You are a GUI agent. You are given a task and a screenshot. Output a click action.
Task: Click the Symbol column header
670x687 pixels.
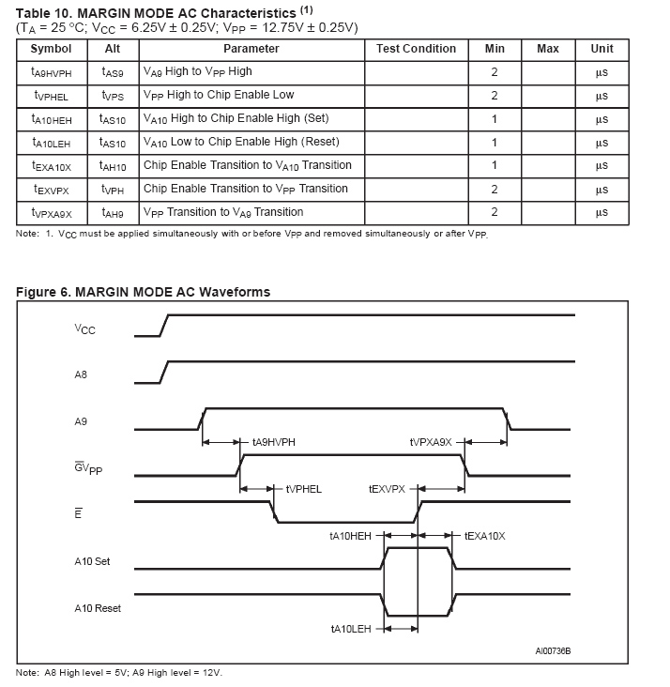point(51,49)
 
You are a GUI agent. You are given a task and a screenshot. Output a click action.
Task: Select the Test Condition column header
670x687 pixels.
point(416,49)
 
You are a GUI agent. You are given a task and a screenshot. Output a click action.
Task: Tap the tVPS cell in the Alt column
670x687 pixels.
point(112,96)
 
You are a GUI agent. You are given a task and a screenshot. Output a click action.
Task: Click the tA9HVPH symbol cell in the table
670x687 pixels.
point(51,72)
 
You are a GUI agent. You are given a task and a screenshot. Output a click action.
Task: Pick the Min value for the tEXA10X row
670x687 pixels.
point(495,166)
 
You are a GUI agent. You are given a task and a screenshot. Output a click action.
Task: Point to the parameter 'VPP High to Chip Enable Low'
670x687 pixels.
point(219,95)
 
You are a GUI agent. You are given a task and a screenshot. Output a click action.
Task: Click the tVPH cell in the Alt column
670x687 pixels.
point(112,190)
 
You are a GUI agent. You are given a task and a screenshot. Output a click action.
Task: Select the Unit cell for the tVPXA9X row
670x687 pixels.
point(601,213)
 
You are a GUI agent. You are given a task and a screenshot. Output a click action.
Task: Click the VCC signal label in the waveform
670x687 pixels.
point(84,329)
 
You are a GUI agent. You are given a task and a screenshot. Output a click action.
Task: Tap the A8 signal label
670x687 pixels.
point(81,375)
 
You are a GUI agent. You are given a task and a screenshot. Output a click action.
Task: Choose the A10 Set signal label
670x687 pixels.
point(92,561)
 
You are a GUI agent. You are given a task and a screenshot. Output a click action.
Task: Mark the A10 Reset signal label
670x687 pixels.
point(98,608)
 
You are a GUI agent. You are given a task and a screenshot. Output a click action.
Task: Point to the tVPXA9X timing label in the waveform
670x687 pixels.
point(431,442)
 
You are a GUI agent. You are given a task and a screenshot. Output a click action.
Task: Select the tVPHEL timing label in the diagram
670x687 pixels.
point(303,489)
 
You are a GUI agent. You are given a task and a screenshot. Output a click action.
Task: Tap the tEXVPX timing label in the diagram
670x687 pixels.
point(388,489)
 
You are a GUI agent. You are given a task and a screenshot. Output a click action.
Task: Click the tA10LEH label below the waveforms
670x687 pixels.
point(351,629)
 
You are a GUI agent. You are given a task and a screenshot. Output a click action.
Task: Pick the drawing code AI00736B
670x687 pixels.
point(553,650)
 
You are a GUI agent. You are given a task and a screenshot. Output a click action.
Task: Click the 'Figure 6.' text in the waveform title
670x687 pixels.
point(44,292)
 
